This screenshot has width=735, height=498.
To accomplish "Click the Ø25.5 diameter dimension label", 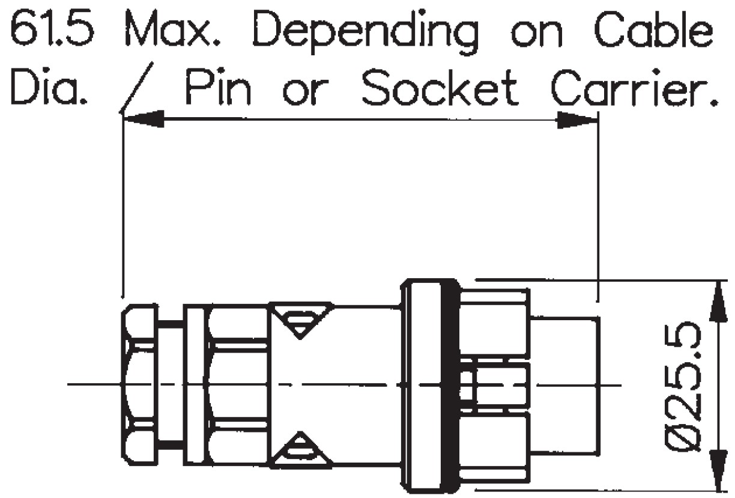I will click(685, 385).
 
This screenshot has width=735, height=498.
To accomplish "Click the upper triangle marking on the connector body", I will click(301, 318).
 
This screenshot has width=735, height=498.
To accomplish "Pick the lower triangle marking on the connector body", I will click(301, 451).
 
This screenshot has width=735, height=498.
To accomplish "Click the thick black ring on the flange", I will click(449, 385).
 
